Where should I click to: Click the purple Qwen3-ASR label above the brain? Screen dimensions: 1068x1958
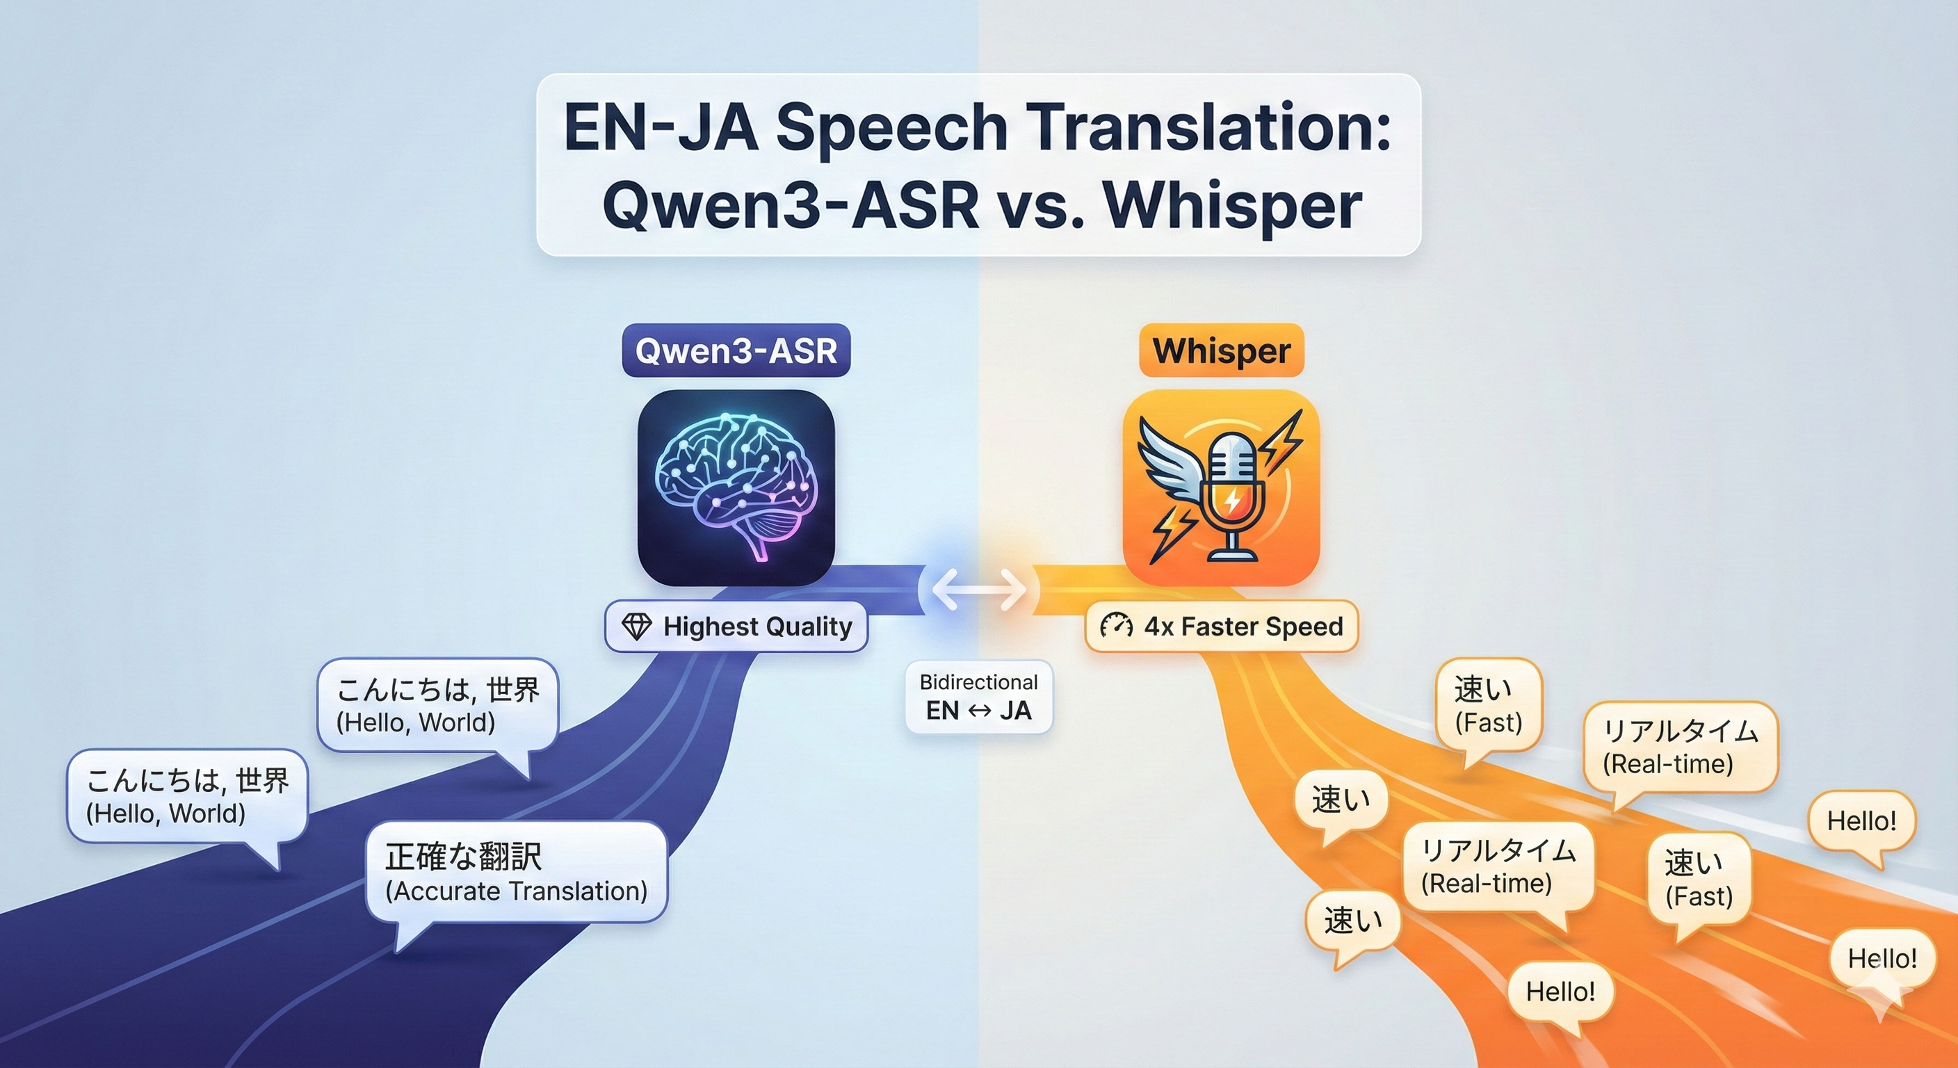(x=736, y=350)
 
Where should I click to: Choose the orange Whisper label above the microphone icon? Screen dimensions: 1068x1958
(x=1221, y=350)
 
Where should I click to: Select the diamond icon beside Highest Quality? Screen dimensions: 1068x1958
(x=636, y=626)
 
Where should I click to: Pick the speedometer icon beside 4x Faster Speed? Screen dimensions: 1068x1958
(x=1116, y=626)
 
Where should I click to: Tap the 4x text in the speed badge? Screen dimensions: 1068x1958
(x=1158, y=626)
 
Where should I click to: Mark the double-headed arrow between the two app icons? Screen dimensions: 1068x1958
(x=979, y=590)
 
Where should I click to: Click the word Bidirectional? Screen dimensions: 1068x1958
(x=978, y=682)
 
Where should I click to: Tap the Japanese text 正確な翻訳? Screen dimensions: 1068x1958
(x=463, y=857)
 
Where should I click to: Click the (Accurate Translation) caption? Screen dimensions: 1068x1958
(x=516, y=891)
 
